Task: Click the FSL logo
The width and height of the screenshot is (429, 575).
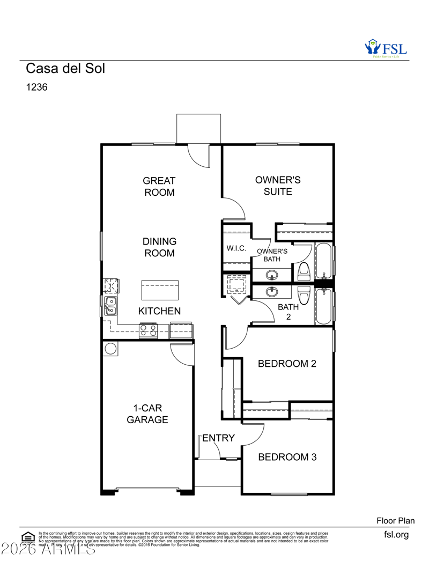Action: pyautogui.click(x=386, y=48)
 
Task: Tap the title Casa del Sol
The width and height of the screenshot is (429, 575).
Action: pyautogui.click(x=65, y=69)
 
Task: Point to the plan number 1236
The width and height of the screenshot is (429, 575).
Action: pyautogui.click(x=37, y=87)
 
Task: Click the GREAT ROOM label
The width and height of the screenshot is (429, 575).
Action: pyautogui.click(x=159, y=186)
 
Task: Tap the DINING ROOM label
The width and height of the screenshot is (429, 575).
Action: pyautogui.click(x=159, y=247)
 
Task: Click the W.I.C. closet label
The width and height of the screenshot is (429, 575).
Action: pyautogui.click(x=236, y=248)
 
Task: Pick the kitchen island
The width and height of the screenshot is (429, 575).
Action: pyautogui.click(x=160, y=290)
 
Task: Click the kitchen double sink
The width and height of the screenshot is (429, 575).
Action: pyautogui.click(x=110, y=306)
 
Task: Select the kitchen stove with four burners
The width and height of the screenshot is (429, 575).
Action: pyautogui.click(x=148, y=331)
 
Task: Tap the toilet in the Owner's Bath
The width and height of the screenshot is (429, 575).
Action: pyautogui.click(x=304, y=271)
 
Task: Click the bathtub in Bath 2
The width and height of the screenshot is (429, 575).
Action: pyautogui.click(x=323, y=307)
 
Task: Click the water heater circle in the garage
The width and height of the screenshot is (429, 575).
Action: pyautogui.click(x=110, y=349)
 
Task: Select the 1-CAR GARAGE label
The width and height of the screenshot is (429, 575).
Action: pyautogui.click(x=147, y=414)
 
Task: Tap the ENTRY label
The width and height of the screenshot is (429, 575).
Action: pyautogui.click(x=218, y=438)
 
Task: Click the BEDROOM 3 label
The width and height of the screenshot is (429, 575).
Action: pyautogui.click(x=287, y=457)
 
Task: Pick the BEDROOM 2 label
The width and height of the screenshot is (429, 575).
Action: pyautogui.click(x=287, y=364)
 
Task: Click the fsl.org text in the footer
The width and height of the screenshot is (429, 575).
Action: pyautogui.click(x=396, y=534)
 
